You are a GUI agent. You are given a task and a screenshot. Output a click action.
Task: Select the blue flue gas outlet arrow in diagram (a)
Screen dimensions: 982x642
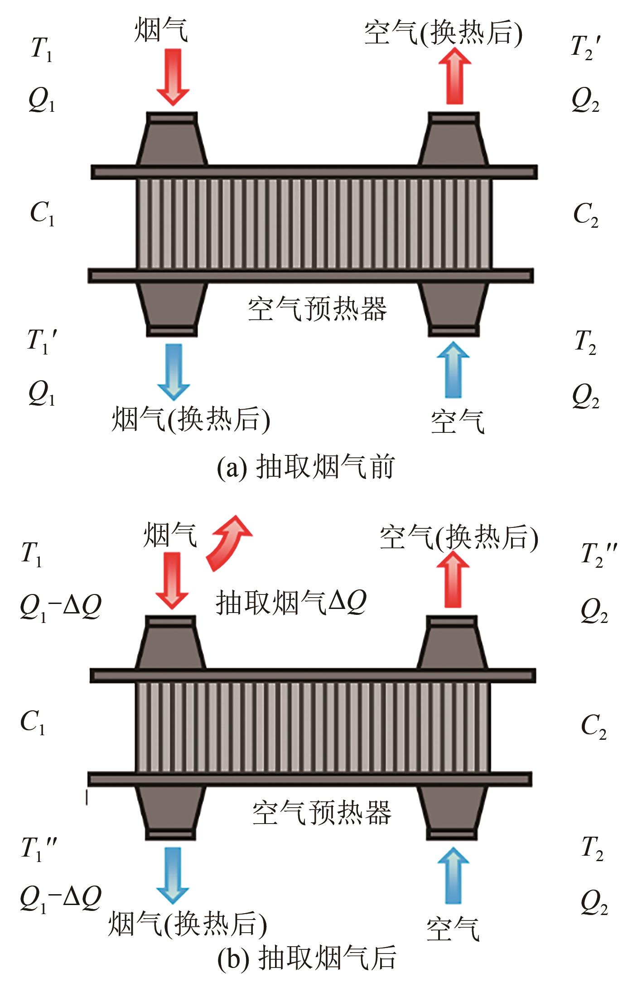coord(173,371)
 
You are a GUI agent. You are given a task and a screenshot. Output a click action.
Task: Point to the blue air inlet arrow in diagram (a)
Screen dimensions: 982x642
coord(453,369)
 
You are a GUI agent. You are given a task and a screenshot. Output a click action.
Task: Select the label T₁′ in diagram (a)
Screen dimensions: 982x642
coord(42,342)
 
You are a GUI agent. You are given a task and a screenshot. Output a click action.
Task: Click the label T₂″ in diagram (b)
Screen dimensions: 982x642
coord(598,555)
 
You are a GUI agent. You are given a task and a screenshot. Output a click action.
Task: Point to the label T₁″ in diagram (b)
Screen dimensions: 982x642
coord(39,849)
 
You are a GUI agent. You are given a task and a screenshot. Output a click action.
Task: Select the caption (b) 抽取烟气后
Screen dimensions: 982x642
coord(307,958)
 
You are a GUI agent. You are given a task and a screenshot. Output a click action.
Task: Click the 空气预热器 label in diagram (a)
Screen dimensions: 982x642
coord(317,309)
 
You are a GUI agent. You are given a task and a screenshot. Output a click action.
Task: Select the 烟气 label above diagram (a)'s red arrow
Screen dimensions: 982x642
coord(161,30)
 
